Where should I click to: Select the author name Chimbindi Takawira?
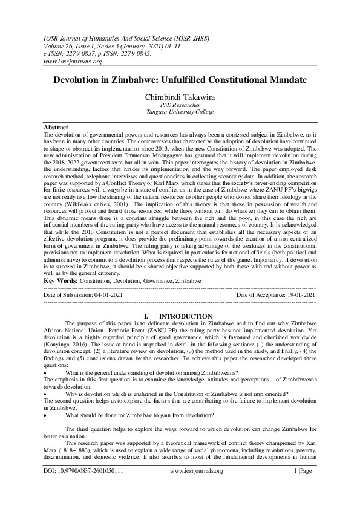[x=180, y=96]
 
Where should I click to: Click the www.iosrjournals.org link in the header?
[x=71, y=61]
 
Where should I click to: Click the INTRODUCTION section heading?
[x=185, y=316]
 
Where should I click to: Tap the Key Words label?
[x=63, y=281]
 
